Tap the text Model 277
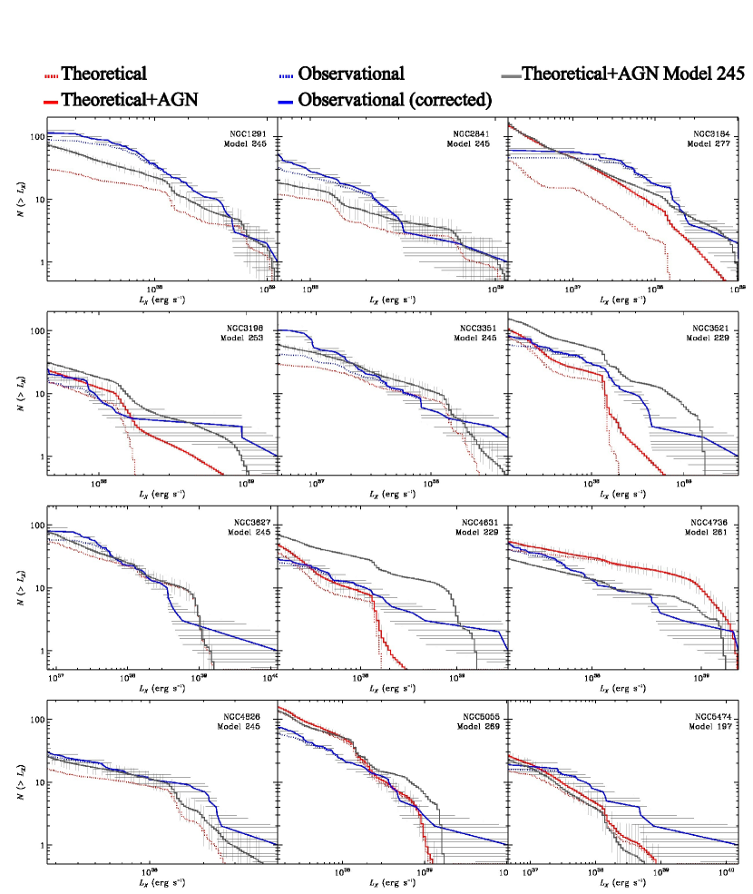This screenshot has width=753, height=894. coord(711,143)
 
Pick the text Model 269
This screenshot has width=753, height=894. coord(478,728)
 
